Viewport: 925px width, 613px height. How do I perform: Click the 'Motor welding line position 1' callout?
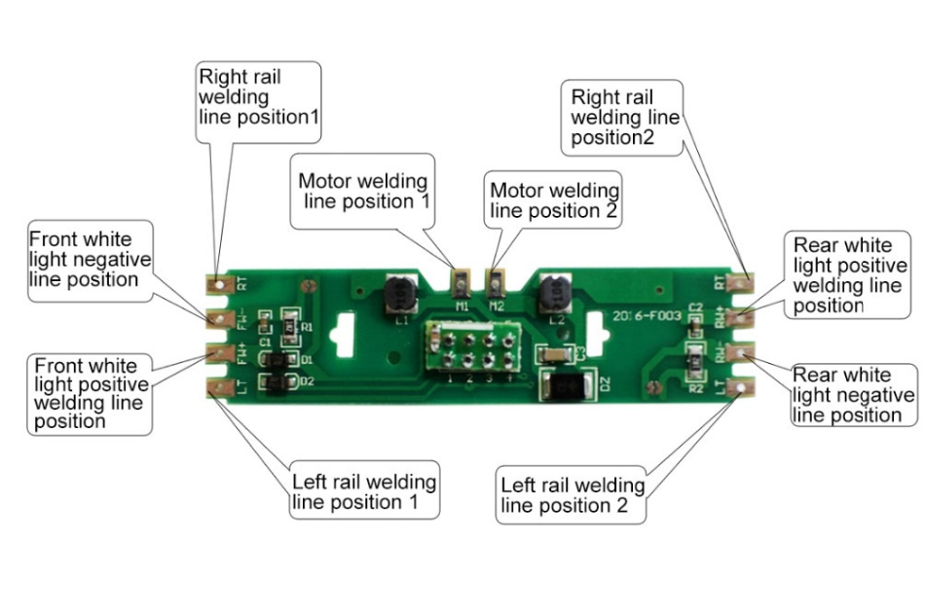coord(362,191)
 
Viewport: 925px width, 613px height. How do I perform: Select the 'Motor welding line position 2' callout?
coord(554,199)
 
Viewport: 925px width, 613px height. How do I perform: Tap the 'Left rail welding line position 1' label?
coord(363,491)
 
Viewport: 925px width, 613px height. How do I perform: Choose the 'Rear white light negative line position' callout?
coord(854,394)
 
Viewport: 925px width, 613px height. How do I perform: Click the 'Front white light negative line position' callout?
coord(90,258)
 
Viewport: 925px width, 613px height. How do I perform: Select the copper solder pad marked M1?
coord(460,283)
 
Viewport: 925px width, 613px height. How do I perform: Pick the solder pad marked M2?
coord(497,283)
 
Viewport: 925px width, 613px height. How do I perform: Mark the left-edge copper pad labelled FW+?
coord(217,352)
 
